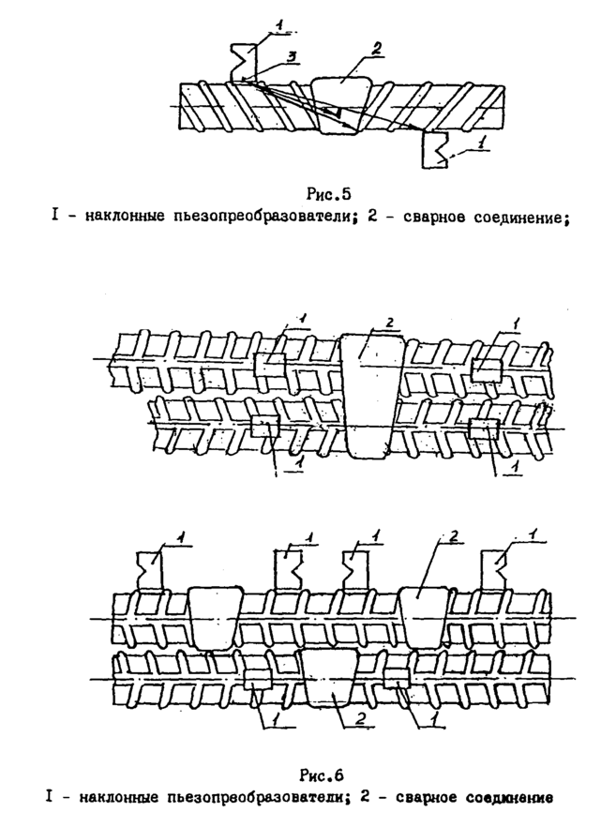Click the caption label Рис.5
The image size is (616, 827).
tap(327, 195)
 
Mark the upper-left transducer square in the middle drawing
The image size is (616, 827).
tap(270, 365)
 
